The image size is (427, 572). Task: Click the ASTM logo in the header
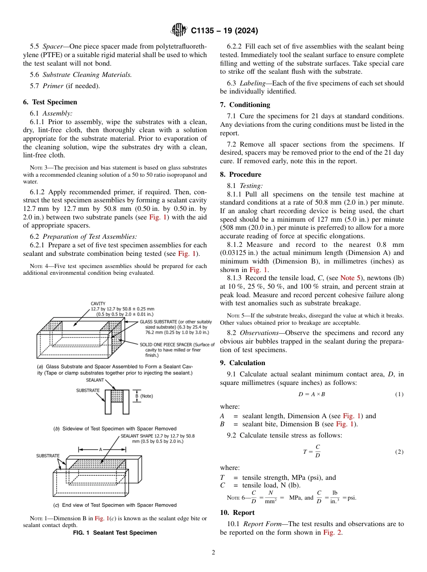coord(179,31)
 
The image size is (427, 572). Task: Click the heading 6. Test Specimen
coord(50,102)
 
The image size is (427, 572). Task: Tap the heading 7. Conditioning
coord(245,105)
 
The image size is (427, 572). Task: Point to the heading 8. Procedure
coord(240,174)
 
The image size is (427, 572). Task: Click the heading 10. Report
coord(237,513)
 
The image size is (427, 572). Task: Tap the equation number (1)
coord(399,394)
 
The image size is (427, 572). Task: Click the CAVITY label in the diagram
coord(98,304)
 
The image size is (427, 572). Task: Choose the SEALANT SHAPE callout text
coord(157,438)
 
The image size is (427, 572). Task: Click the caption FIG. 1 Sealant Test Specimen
coord(115,533)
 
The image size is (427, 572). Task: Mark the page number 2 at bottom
coord(213,553)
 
